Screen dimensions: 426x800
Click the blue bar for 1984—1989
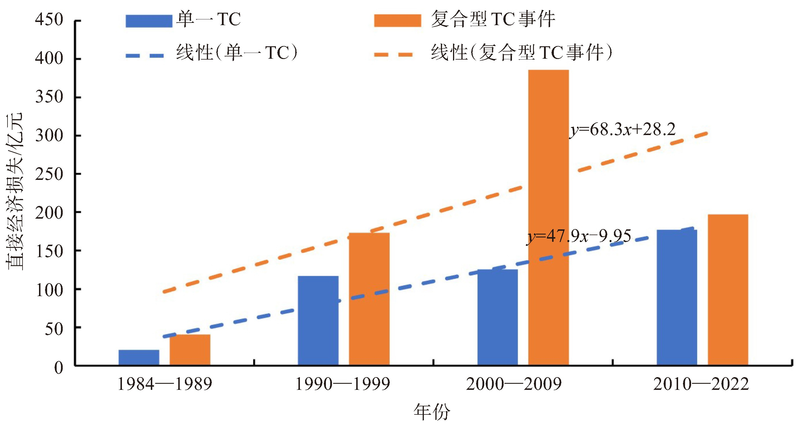pos(139,357)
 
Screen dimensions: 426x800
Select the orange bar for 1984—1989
pos(190,350)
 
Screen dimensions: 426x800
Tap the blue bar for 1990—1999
pos(318,320)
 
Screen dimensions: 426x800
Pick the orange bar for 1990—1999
pos(369,299)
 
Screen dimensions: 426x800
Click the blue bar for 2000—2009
pos(498,317)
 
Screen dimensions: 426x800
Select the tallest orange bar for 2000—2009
pos(548,217)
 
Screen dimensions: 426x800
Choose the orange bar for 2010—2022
pos(728,289)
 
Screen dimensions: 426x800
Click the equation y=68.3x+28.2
pos(622,130)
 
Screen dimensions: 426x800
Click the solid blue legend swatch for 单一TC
pos(149,21)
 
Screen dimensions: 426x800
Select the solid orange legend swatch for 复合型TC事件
pos(398,21)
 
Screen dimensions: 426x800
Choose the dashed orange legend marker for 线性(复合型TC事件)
pos(393,55)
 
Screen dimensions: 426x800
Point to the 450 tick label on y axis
pos(49,20)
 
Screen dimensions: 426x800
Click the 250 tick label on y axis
pos(49,174)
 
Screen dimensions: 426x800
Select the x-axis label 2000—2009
pos(514,384)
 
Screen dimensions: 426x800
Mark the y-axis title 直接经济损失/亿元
pos(14,191)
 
